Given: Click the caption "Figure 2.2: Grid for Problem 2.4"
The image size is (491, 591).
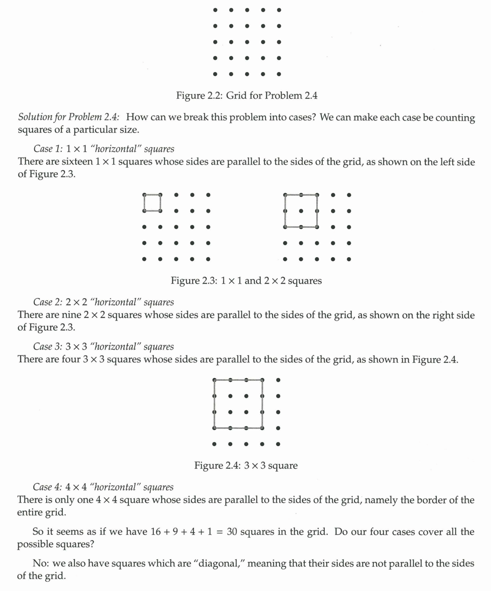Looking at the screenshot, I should coord(247,96).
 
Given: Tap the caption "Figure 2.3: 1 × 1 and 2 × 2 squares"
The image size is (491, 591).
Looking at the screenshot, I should coord(246,281).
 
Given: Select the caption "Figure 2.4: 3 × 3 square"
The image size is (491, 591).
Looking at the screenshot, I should coord(245,466).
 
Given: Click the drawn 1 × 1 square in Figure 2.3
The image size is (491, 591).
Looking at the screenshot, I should coord(152,202).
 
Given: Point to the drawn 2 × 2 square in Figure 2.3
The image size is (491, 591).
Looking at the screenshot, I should coord(301,211).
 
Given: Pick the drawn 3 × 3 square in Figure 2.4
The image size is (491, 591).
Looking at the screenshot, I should coord(238,404).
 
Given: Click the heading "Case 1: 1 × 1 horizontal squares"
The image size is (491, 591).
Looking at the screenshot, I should coord(103,149).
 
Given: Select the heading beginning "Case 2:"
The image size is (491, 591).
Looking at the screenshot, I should coord(103,302).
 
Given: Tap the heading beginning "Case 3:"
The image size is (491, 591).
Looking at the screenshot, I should coord(103,347).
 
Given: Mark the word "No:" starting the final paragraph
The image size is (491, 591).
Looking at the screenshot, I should coord(41,563).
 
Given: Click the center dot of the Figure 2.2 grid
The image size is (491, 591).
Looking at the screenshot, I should coord(247,42).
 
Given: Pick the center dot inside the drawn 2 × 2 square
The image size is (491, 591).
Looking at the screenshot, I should coord(301,211).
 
